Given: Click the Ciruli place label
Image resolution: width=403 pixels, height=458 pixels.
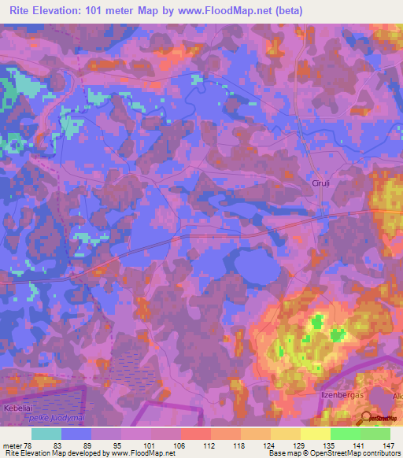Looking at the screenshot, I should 320,183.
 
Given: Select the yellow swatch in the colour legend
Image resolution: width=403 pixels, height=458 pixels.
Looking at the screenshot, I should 315,434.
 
